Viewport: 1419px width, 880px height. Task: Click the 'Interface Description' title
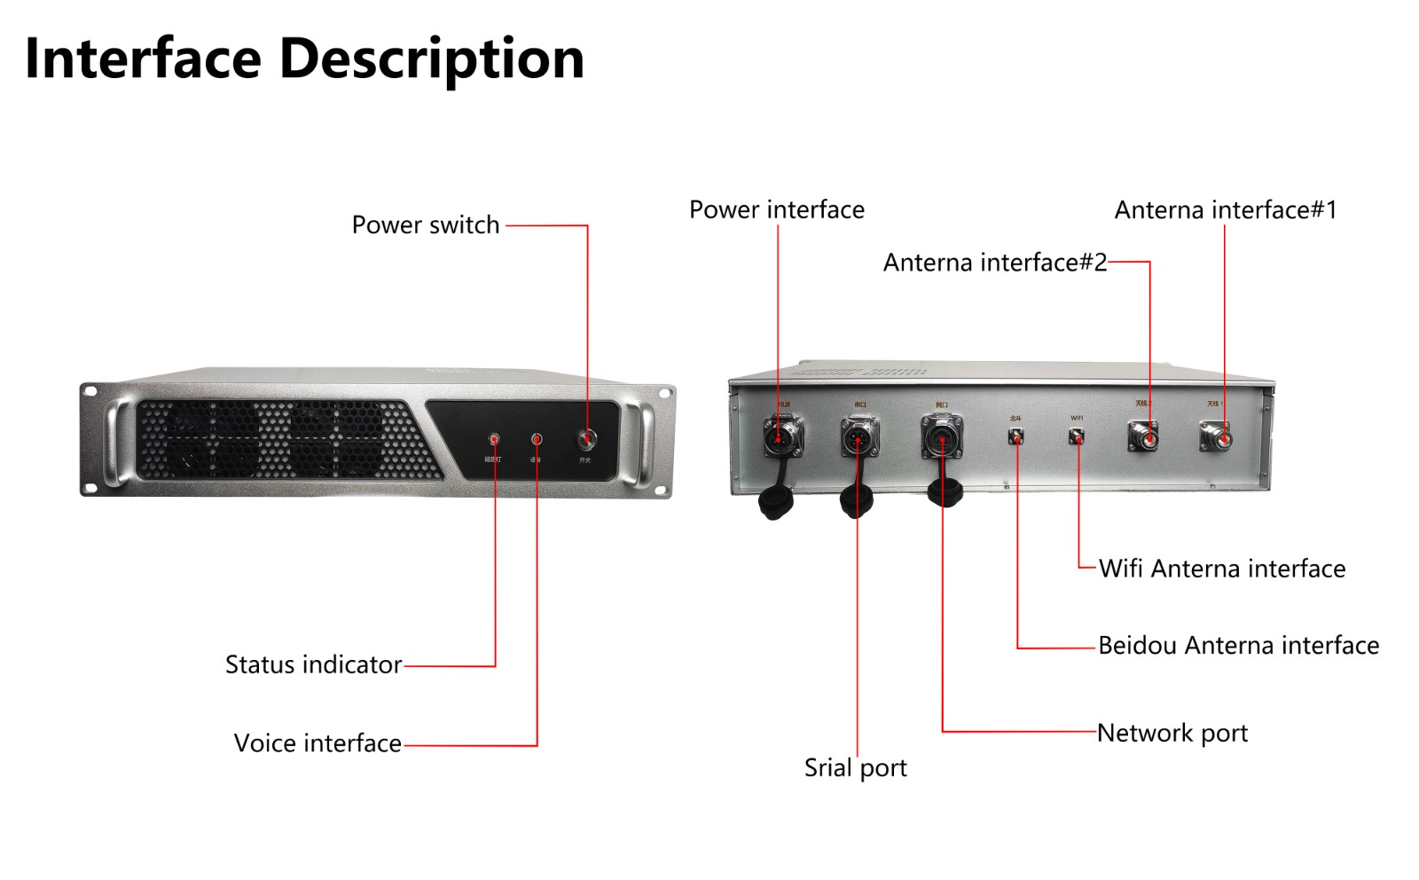[304, 59]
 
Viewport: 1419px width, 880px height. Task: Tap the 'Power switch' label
[426, 225]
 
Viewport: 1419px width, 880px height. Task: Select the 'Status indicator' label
[313, 664]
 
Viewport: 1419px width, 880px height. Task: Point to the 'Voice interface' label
[318, 743]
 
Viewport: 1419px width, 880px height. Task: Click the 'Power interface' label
[776, 210]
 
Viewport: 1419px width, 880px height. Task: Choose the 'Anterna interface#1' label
[1225, 210]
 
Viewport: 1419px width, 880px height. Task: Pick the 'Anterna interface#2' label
[994, 263]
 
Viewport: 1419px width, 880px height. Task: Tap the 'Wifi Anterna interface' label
[1221, 569]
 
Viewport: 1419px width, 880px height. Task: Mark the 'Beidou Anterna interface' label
[1238, 646]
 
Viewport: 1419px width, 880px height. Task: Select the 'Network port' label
[1172, 734]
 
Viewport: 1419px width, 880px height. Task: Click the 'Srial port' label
[855, 768]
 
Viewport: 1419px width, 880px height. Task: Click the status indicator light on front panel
[494, 439]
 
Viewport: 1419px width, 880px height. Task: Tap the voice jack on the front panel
[537, 439]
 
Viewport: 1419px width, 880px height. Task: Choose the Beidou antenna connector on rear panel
[1015, 436]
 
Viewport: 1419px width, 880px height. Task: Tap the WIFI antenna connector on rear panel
[1076, 436]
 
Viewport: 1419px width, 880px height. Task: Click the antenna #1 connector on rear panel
[1216, 436]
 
